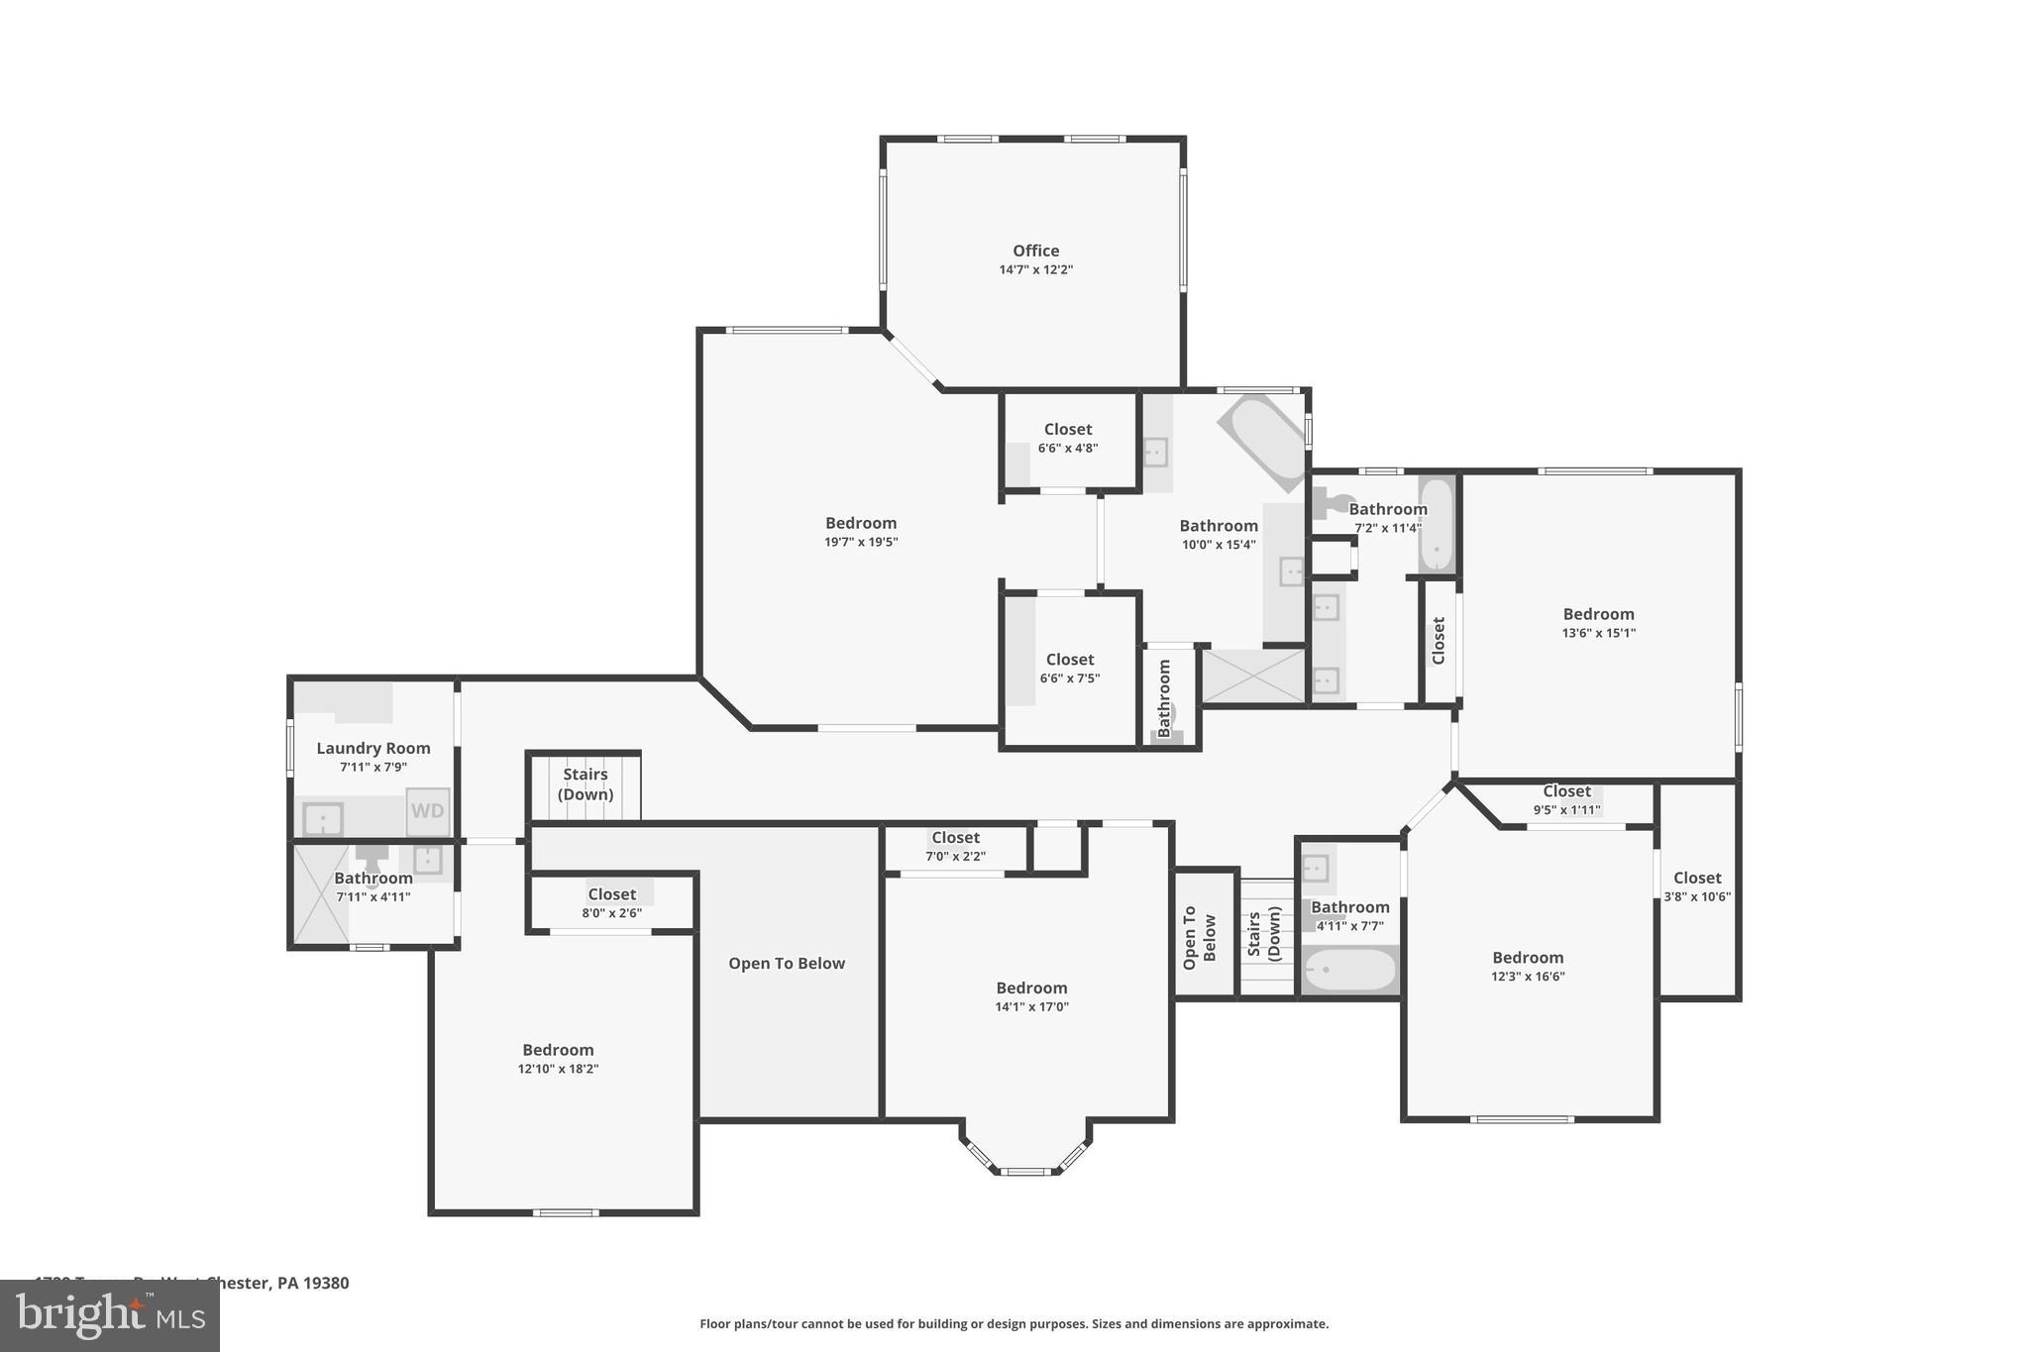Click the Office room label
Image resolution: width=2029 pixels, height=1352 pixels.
[x=1035, y=252]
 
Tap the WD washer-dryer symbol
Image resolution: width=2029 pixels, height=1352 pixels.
[x=427, y=811]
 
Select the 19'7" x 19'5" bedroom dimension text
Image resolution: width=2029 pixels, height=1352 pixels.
[x=861, y=542]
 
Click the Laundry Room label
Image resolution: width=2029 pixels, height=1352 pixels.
[x=374, y=749]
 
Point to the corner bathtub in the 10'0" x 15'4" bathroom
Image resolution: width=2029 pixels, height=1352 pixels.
[x=1262, y=441]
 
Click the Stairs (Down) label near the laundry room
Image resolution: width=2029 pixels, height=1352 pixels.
[x=585, y=784]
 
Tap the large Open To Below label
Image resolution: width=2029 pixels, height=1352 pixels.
[x=787, y=964]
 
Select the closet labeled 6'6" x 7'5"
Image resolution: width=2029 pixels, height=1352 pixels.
[x=1070, y=669]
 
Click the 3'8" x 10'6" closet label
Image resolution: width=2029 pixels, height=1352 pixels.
[x=1697, y=886]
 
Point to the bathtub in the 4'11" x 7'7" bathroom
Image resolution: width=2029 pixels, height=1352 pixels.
[x=1349, y=971]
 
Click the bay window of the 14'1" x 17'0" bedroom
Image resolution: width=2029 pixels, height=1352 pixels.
[x=1025, y=1169]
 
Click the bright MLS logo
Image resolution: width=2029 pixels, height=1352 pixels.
[x=110, y=1316]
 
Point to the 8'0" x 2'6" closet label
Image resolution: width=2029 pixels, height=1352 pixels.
[x=611, y=902]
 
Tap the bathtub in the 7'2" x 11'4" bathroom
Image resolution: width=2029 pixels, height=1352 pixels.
[x=1436, y=525]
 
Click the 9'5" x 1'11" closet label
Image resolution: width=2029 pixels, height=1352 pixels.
[x=1566, y=800]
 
